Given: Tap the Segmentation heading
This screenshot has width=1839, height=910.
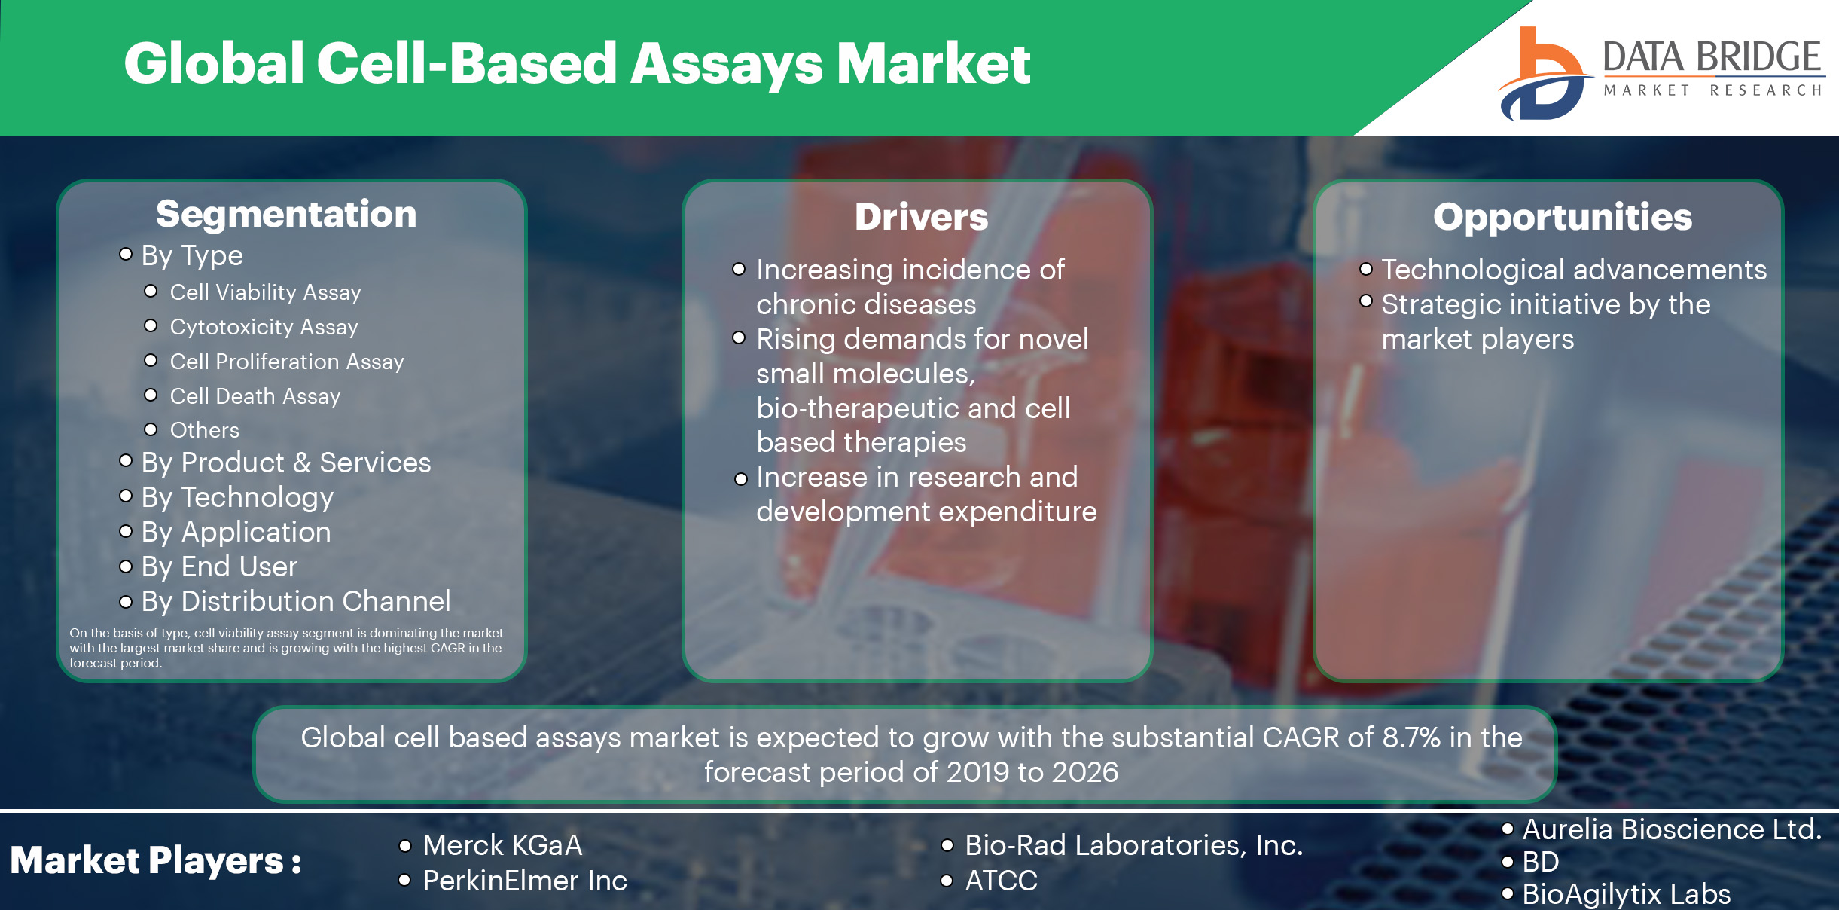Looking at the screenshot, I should click(286, 215).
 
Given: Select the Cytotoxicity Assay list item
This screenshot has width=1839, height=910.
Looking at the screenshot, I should click(264, 327).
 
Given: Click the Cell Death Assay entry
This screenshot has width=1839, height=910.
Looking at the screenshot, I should click(255, 396).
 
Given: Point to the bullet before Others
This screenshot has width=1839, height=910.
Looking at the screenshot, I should click(151, 429).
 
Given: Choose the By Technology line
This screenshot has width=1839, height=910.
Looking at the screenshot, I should click(237, 497).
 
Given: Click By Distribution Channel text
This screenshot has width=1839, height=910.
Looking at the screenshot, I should click(295, 601).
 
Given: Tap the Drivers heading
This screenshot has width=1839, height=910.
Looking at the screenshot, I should click(920, 218).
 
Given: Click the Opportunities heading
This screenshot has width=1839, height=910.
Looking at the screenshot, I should click(1562, 218).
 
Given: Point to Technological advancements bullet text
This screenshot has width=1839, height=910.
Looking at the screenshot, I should click(1573, 270).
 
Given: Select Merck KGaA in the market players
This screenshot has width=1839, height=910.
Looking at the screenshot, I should click(502, 845).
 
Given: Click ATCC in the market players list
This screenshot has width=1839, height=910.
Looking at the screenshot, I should click(1001, 881).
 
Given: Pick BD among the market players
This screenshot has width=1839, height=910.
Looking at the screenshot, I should click(1540, 862).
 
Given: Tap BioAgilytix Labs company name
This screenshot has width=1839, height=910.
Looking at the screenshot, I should click(1626, 894).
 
